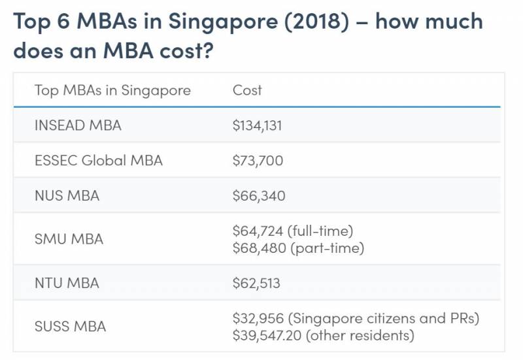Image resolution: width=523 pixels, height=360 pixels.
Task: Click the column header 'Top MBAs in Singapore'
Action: pyautogui.click(x=112, y=90)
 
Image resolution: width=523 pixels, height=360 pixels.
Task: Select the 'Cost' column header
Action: pyautogui.click(x=247, y=90)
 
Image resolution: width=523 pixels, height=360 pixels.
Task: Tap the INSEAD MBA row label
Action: pyautogui.click(x=78, y=125)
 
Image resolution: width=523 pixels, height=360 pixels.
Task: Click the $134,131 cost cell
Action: pyautogui.click(x=257, y=125)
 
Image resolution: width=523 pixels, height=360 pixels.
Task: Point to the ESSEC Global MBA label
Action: pyautogui.click(x=98, y=160)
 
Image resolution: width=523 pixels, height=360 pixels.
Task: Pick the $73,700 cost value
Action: pyautogui.click(x=258, y=160)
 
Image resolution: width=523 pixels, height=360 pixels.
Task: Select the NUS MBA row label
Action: pyautogui.click(x=67, y=195)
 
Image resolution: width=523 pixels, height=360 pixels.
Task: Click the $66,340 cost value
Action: pyautogui.click(x=259, y=195)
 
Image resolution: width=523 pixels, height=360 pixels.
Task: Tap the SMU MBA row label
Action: pyautogui.click(x=69, y=239)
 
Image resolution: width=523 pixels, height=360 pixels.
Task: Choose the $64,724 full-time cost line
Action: pyautogui.click(x=292, y=231)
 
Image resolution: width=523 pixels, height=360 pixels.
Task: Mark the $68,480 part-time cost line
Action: pyautogui.click(x=298, y=248)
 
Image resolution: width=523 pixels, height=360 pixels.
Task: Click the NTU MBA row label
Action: pyautogui.click(x=67, y=283)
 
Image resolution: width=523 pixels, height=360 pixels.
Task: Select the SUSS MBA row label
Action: pyautogui.click(x=70, y=327)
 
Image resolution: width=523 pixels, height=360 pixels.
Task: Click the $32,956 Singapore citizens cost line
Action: pyautogui.click(x=356, y=318)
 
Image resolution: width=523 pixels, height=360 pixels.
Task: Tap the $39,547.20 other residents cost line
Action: pyautogui.click(x=323, y=336)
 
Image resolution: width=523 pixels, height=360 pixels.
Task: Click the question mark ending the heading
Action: pyautogui.click(x=205, y=50)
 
